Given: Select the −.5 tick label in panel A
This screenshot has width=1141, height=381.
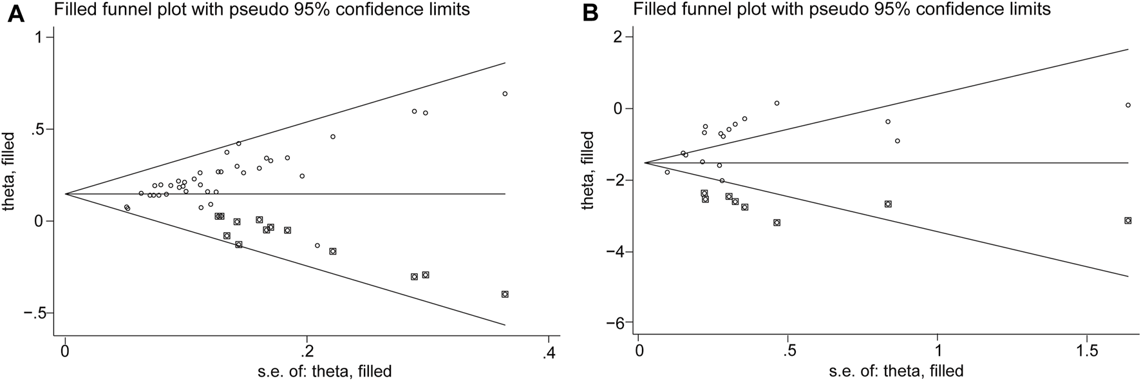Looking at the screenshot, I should coord(33,313).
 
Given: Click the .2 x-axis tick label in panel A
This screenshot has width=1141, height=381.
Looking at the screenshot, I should coord(307,353).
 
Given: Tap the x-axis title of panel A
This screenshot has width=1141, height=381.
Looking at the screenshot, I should coord(307,371).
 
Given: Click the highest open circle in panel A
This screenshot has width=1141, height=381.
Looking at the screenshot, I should coord(505,93).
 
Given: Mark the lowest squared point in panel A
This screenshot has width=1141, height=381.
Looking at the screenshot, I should coord(505,294).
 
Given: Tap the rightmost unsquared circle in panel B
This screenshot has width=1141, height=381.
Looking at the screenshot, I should coord(1128,105).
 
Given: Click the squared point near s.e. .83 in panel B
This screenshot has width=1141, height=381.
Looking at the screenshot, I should coord(888,204).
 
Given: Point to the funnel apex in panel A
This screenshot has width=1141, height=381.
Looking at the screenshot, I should coord(66,193).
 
